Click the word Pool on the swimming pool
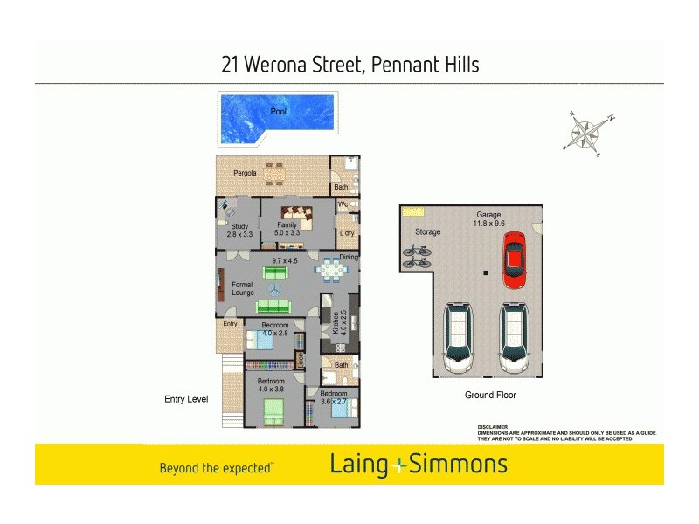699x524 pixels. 278,112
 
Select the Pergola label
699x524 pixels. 245,173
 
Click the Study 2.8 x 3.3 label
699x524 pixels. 239,231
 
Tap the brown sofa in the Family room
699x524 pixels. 295,217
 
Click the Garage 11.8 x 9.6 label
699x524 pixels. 488,219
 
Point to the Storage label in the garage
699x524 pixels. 428,232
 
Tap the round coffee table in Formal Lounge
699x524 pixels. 276,289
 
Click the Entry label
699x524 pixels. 230,324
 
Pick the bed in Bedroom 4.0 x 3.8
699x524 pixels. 274,410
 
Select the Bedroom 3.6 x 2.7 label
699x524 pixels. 333,397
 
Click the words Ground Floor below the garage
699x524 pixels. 489,396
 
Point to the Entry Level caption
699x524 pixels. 186,399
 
